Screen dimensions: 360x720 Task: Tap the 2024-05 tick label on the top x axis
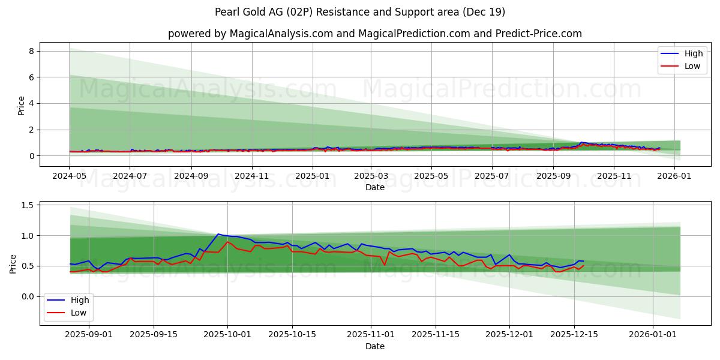click(70, 176)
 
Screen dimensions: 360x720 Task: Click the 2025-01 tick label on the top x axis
click(313, 176)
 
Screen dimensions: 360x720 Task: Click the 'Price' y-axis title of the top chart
click(22, 106)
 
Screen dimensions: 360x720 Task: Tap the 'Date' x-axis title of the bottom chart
click(374, 346)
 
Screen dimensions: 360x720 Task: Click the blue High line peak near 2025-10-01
click(218, 234)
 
